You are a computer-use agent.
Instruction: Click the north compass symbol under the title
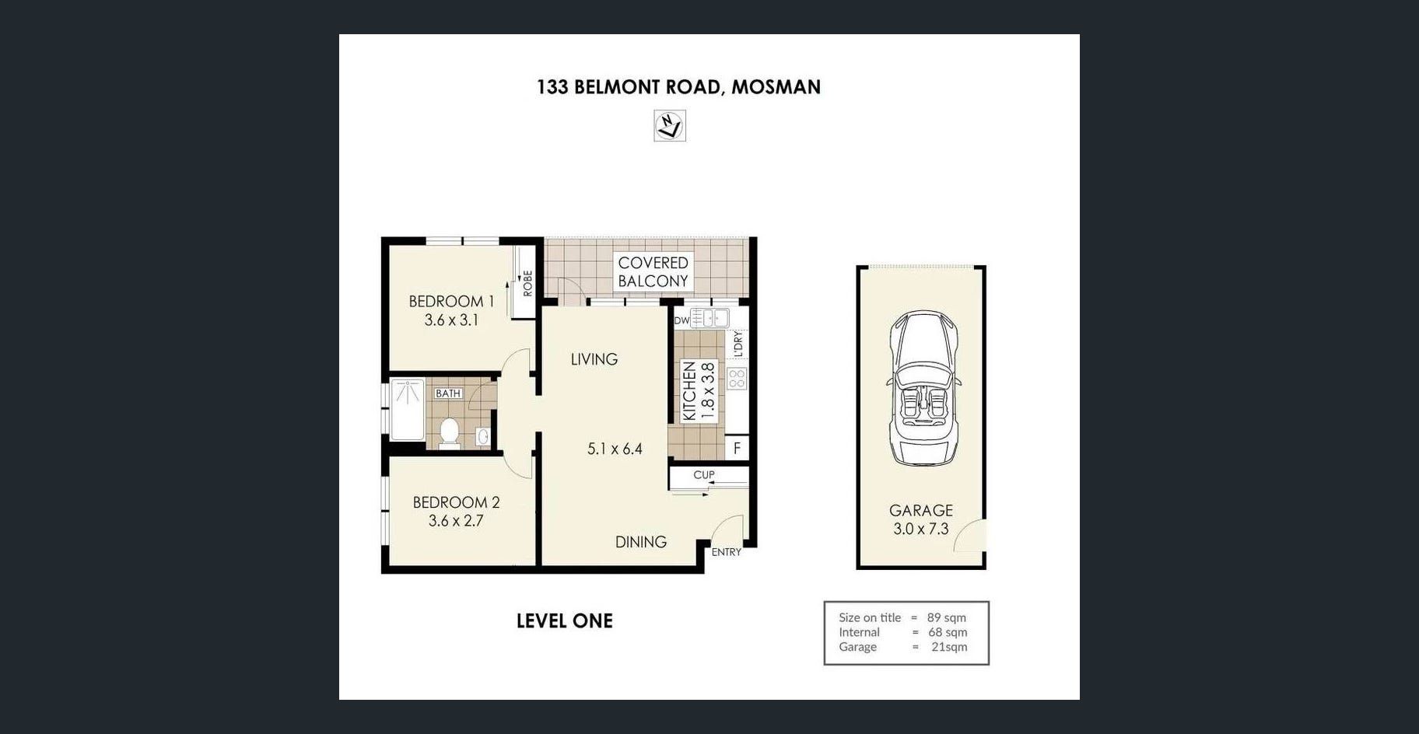click(670, 126)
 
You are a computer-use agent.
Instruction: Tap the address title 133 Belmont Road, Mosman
click(678, 87)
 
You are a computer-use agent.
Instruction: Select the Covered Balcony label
click(653, 272)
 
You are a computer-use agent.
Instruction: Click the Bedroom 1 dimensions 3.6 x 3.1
click(451, 320)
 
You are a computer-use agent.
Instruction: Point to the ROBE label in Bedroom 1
click(527, 283)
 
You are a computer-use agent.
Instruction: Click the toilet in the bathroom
click(450, 433)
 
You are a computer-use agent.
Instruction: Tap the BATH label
click(448, 393)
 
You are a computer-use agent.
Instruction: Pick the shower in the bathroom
click(407, 409)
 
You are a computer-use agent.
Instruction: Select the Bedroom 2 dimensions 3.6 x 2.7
click(456, 521)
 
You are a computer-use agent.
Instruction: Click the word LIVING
click(594, 359)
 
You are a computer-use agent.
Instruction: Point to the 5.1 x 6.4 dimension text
click(615, 449)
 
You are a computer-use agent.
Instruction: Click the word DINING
click(641, 542)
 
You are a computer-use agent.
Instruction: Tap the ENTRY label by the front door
click(727, 552)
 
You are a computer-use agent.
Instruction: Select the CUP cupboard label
click(704, 475)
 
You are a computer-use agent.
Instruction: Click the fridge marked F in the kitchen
click(737, 448)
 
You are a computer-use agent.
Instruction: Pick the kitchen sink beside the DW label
click(709, 318)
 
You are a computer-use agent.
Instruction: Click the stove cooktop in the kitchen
click(737, 379)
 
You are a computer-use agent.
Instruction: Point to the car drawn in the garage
click(923, 388)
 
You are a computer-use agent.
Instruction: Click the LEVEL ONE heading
click(565, 621)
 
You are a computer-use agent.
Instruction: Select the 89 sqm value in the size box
click(947, 617)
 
